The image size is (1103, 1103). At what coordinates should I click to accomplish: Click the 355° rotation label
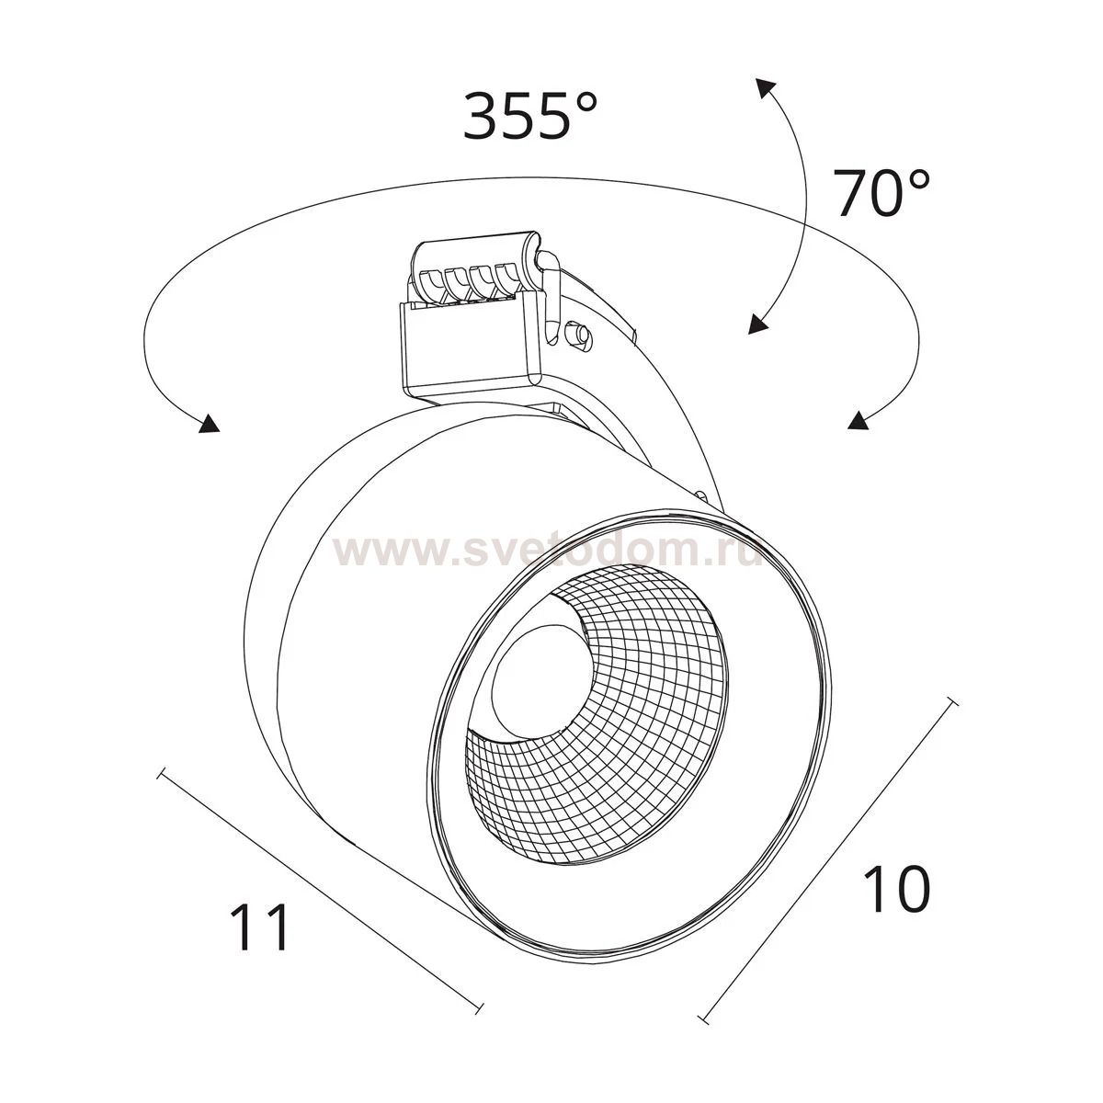[529, 115]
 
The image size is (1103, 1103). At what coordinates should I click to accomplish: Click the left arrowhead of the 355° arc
[209, 423]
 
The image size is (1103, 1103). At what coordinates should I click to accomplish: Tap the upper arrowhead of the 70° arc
[766, 88]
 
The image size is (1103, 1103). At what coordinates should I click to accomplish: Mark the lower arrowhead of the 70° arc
[757, 324]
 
